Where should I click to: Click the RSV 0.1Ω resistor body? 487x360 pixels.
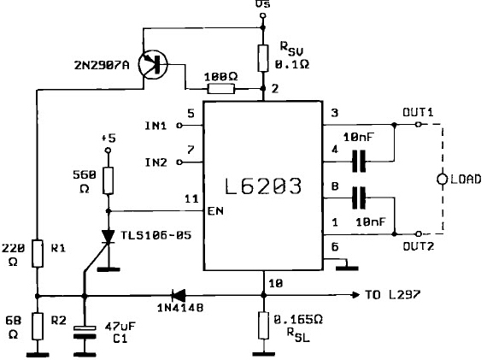(x=262, y=56)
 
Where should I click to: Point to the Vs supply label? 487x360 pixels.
(x=261, y=6)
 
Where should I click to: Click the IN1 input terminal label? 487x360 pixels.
(x=155, y=126)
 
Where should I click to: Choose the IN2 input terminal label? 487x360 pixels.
(x=155, y=162)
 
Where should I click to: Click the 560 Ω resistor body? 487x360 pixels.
(x=109, y=181)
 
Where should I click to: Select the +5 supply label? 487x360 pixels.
(x=108, y=137)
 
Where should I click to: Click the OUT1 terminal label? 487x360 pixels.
(x=418, y=111)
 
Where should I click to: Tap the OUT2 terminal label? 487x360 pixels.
(x=419, y=245)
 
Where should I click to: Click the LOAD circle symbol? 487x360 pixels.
(x=442, y=179)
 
